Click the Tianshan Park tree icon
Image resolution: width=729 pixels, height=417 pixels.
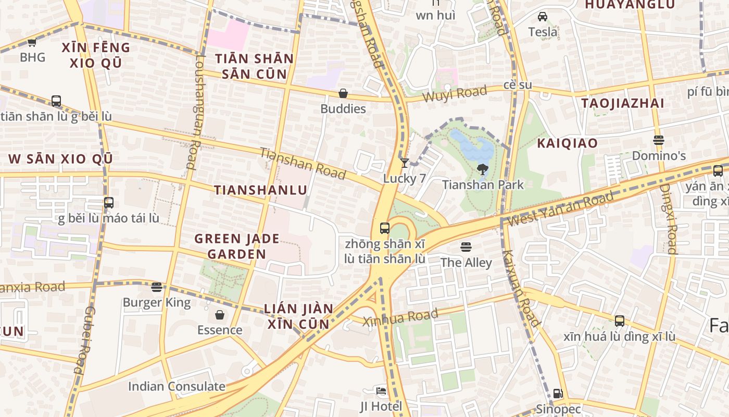(x=482, y=169)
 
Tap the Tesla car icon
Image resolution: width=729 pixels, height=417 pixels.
(x=543, y=17)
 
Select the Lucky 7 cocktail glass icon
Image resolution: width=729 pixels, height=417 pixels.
(x=404, y=163)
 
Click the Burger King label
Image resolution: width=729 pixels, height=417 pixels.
(x=157, y=302)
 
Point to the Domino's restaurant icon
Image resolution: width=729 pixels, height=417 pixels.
(x=659, y=140)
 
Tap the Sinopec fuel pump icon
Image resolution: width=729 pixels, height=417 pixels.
(x=558, y=394)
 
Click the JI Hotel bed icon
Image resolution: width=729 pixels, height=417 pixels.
(x=381, y=390)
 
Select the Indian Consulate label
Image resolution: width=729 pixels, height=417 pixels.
(x=177, y=386)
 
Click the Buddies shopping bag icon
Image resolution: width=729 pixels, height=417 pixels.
(x=343, y=93)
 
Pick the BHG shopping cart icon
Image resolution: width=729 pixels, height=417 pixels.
(x=32, y=42)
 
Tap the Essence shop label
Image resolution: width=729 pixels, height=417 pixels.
(x=219, y=330)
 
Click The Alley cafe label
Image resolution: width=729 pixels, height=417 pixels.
(x=466, y=262)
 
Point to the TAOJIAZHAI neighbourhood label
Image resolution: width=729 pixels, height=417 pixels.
(x=622, y=103)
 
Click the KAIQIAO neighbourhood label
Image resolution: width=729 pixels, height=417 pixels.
(x=567, y=143)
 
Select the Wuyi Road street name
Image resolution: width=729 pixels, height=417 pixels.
(x=455, y=94)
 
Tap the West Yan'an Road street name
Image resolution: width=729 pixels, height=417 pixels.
(x=560, y=209)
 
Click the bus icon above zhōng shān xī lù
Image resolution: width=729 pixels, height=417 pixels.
(x=385, y=228)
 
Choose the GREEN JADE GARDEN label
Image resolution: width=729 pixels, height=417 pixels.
(x=237, y=247)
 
